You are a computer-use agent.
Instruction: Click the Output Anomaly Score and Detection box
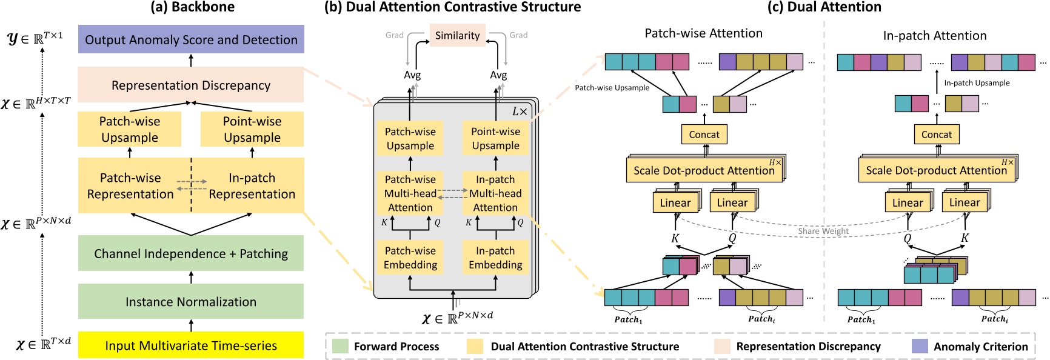tap(191, 39)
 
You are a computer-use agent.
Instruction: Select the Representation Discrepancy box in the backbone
tap(191, 85)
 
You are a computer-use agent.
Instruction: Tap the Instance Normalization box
tap(191, 301)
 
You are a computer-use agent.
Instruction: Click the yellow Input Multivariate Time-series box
tap(191, 345)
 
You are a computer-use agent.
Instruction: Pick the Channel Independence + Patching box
tap(191, 253)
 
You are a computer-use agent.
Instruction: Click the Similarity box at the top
tap(457, 35)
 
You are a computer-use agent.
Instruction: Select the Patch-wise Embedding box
tap(410, 258)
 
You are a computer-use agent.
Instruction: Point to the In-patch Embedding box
tap(495, 258)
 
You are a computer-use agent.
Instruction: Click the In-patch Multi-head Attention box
tap(495, 193)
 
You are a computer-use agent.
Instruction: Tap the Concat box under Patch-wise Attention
tap(704, 135)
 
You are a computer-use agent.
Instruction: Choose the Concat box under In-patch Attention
tap(937, 135)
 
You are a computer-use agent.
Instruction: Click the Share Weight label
tap(823, 231)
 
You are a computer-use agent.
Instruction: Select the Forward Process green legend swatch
tap(341, 346)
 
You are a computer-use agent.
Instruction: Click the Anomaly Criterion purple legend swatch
tap(920, 346)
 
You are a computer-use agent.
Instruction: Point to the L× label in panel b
tap(520, 112)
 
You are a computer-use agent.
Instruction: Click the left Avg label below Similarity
tap(412, 75)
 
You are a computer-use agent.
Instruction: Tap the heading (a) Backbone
tap(192, 7)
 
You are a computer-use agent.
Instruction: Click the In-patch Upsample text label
tap(977, 83)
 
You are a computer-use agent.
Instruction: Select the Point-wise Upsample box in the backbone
tap(252, 129)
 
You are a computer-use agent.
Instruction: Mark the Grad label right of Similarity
tap(518, 35)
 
